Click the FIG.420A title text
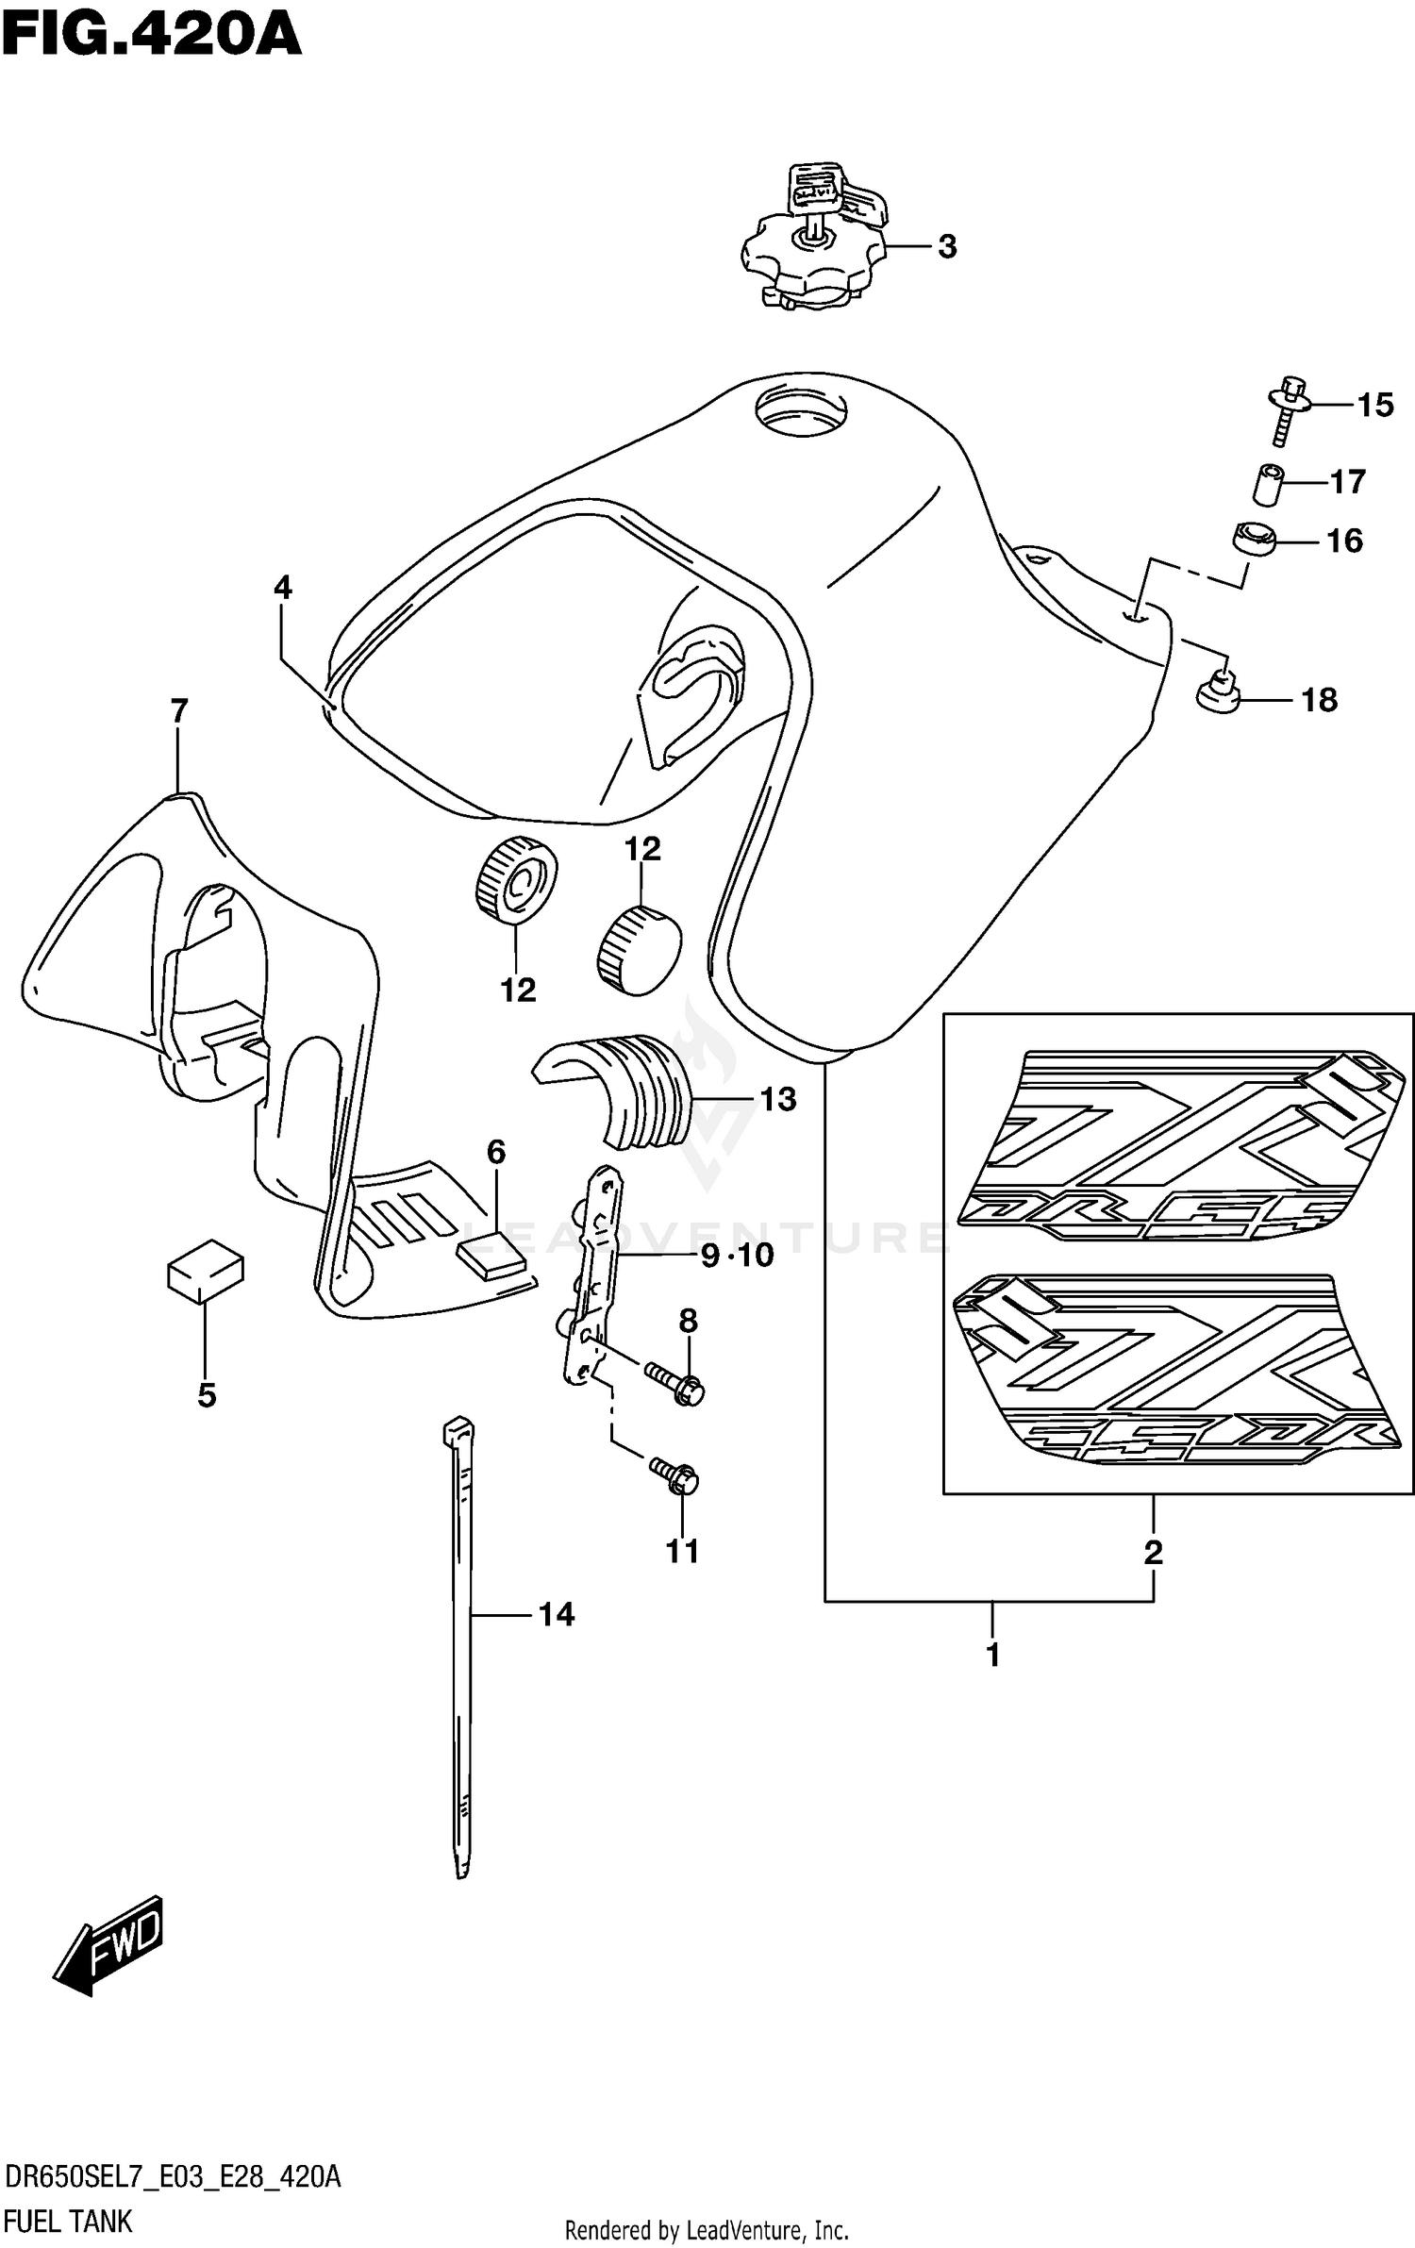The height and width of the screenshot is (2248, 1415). point(151,36)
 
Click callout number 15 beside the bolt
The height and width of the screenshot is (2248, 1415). point(1374,405)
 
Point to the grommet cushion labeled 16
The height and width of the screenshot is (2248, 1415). point(1253,541)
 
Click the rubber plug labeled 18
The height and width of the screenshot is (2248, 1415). point(1218,695)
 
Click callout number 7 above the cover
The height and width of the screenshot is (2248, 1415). point(179,709)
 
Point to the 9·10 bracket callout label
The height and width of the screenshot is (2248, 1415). point(737,1255)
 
